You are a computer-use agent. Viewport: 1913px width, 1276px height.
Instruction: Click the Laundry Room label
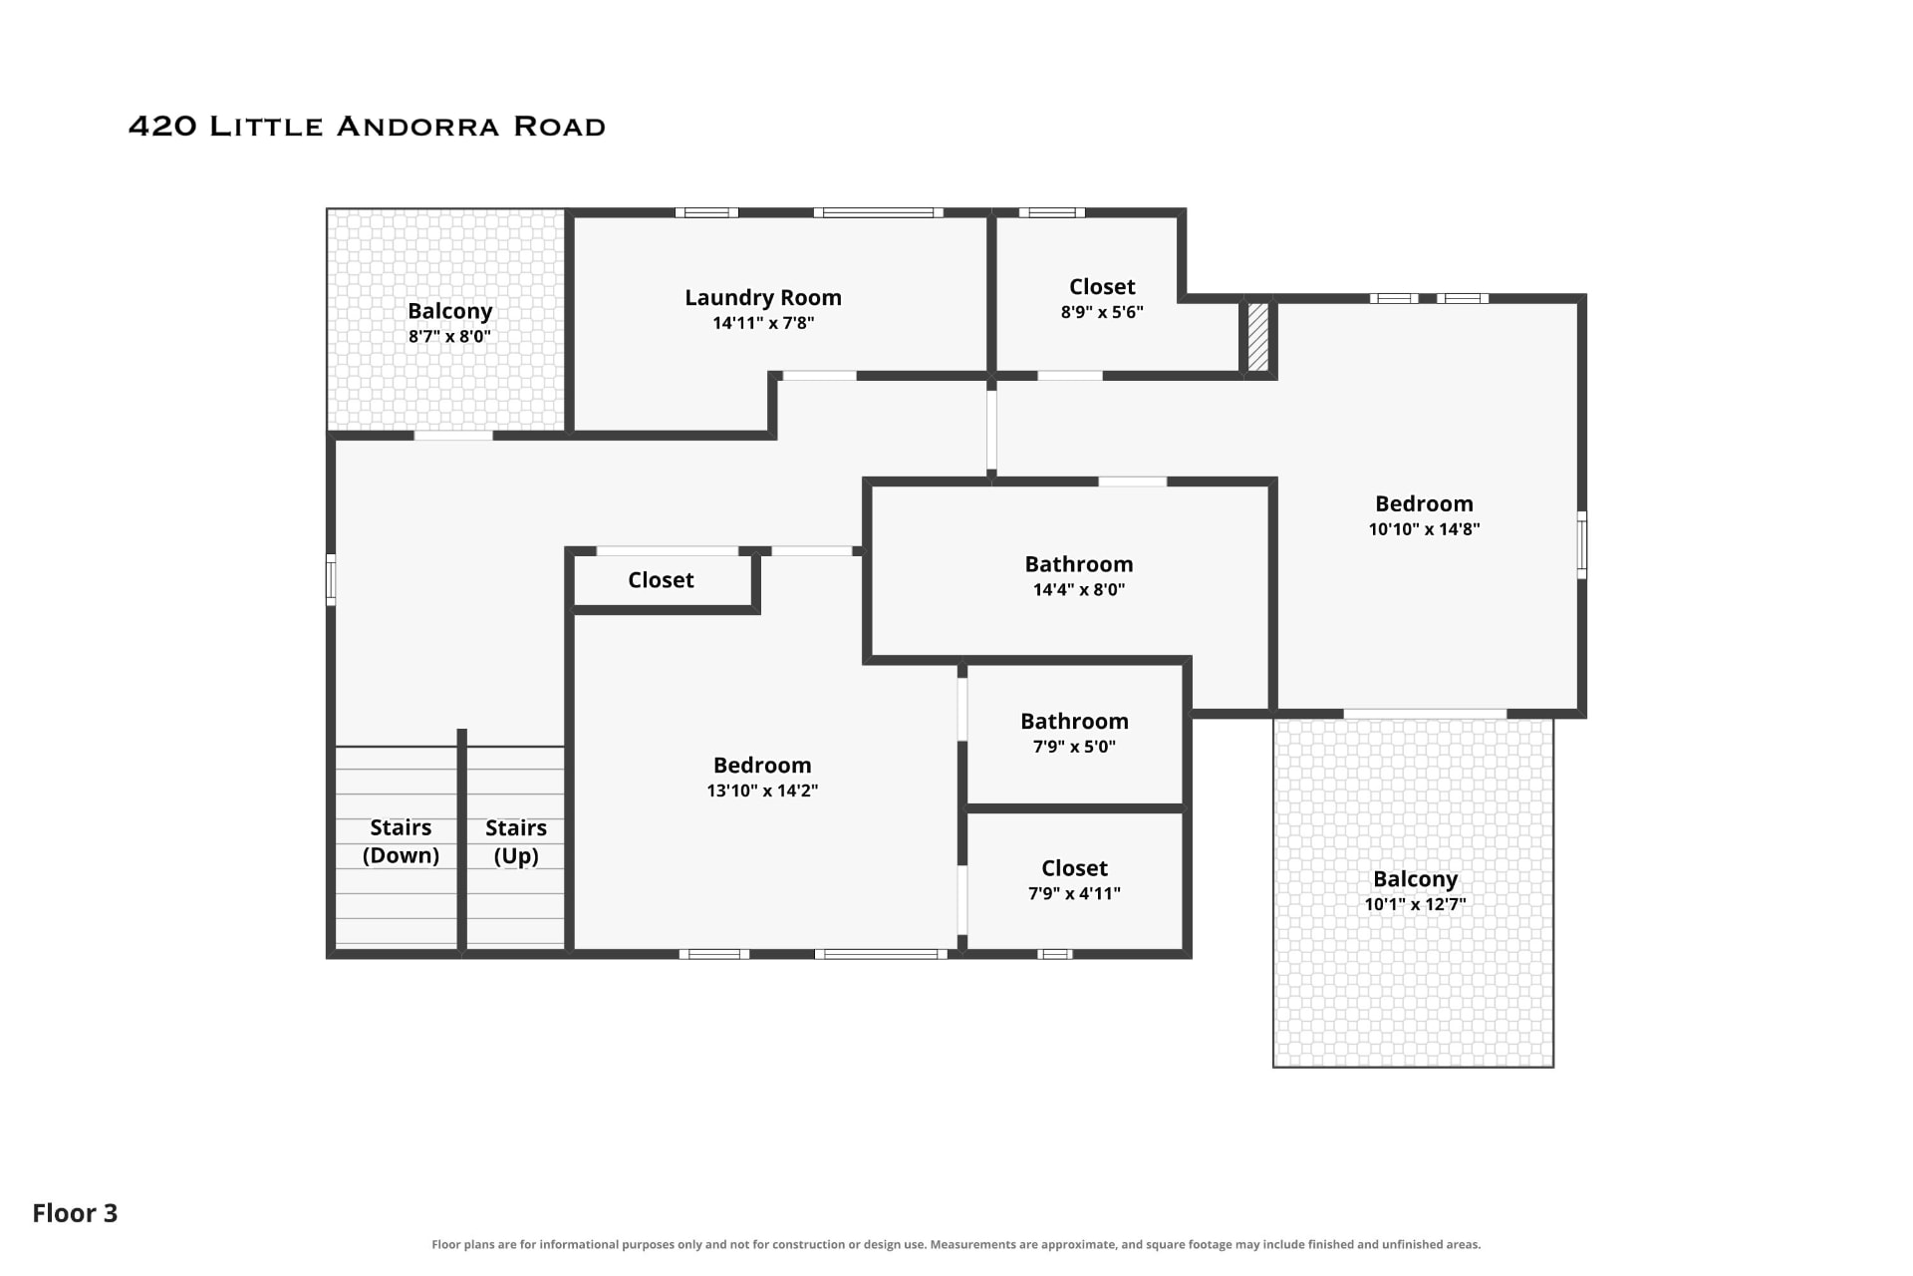[x=763, y=297]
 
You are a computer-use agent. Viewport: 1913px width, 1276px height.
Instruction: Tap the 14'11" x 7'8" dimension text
[x=763, y=323]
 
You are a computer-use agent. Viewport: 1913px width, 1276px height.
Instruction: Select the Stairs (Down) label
[x=401, y=841]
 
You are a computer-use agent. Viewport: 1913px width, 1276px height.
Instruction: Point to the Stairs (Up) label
[x=516, y=841]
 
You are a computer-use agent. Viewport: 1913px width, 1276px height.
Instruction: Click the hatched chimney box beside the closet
[x=1258, y=337]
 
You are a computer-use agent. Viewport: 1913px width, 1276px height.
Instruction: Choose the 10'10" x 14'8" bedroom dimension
[x=1424, y=529]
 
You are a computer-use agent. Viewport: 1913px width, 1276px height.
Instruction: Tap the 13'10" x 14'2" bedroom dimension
[x=762, y=791]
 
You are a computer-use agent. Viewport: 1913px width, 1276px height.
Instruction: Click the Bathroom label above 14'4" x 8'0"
[x=1079, y=564]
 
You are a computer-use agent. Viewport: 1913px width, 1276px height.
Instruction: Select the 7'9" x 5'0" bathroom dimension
[x=1074, y=747]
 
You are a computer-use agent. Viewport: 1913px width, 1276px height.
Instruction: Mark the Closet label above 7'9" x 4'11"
[x=1074, y=868]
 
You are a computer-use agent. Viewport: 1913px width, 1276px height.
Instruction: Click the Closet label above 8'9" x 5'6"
[x=1102, y=287]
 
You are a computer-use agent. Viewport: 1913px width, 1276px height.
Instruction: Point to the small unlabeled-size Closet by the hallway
[x=661, y=580]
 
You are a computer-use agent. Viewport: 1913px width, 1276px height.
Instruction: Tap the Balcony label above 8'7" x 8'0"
[x=449, y=311]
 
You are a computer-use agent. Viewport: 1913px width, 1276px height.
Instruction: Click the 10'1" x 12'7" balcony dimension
[x=1415, y=904]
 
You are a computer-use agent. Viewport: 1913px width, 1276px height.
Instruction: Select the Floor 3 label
[x=75, y=1213]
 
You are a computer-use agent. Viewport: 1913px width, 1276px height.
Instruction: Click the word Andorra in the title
[x=417, y=127]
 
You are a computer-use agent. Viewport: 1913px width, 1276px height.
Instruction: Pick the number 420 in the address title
[x=163, y=127]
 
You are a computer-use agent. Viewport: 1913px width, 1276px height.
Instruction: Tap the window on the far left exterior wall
[x=331, y=579]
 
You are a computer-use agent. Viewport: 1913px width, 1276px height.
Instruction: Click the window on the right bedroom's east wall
[x=1581, y=544]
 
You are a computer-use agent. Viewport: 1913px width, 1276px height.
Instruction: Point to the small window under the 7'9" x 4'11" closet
[x=1055, y=954]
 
